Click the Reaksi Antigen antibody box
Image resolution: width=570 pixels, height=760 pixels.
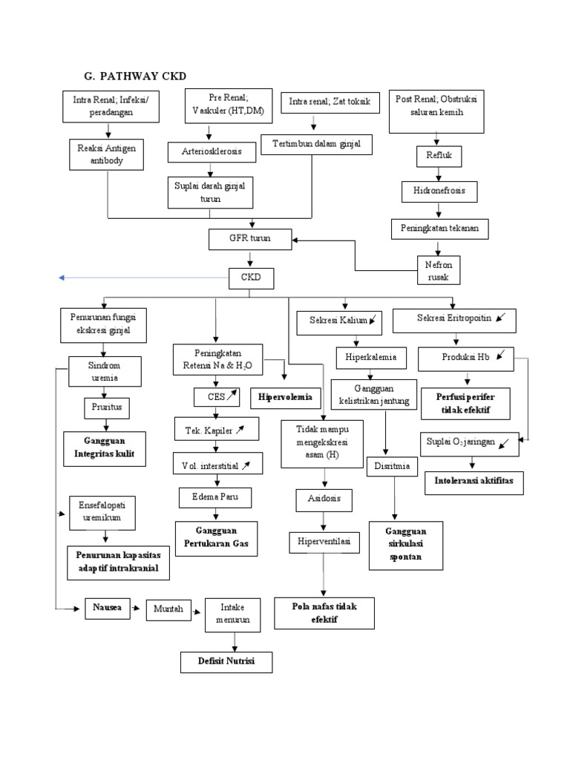(x=105, y=154)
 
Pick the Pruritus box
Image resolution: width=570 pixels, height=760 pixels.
(x=105, y=407)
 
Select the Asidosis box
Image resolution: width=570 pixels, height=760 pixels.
(x=324, y=499)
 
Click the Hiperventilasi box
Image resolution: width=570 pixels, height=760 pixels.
(x=324, y=543)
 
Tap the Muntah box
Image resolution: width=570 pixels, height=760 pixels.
(x=168, y=609)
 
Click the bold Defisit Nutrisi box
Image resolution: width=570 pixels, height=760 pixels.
(x=226, y=661)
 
